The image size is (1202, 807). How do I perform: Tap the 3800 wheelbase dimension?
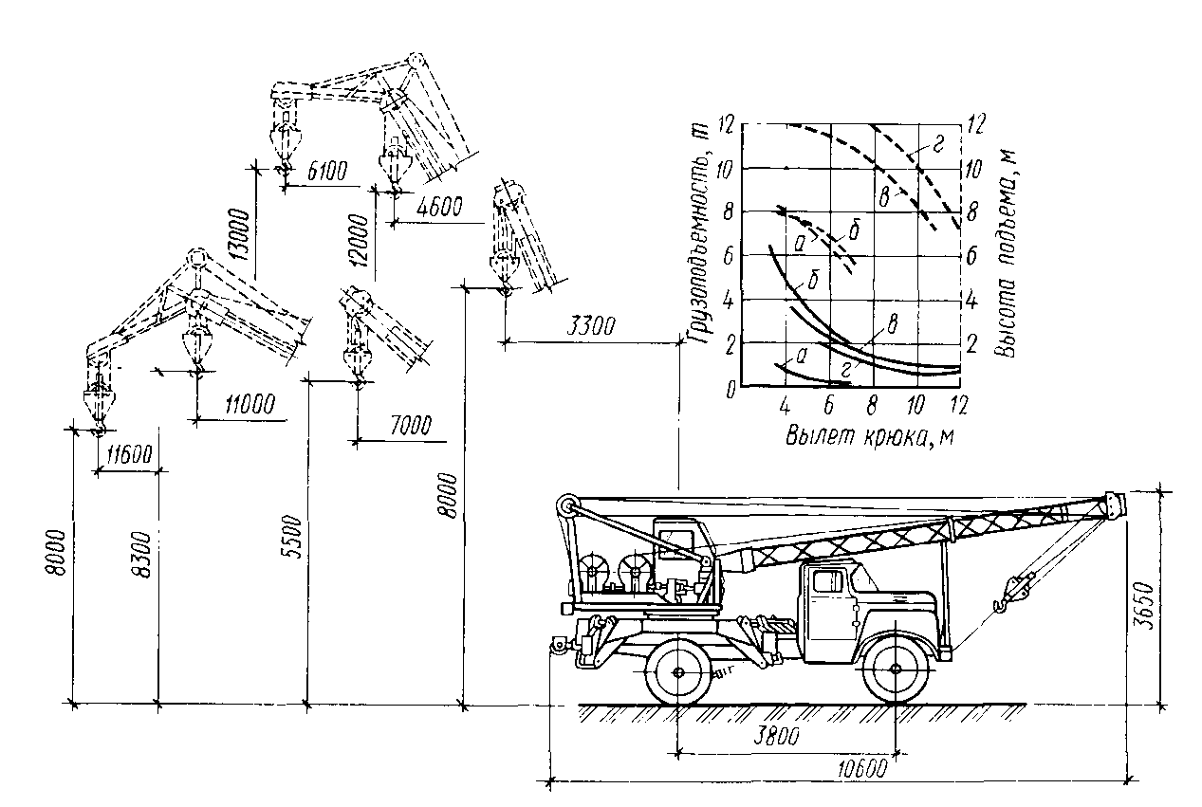click(x=776, y=736)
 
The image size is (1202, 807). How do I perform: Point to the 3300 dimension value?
click(x=591, y=326)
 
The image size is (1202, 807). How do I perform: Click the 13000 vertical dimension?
click(x=242, y=234)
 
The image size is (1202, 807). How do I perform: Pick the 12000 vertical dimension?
click(x=359, y=240)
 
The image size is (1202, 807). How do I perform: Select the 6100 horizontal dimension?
click(x=327, y=171)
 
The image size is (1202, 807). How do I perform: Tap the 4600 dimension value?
click(x=439, y=207)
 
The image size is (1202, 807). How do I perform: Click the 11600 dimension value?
click(x=129, y=455)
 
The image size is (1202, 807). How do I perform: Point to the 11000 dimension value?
click(x=250, y=404)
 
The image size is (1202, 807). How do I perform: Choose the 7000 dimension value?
click(x=411, y=427)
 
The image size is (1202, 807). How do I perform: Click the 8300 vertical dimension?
click(x=141, y=555)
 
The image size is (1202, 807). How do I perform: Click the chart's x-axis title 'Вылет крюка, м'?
click(x=870, y=436)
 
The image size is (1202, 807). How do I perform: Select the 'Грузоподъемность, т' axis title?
click(x=698, y=235)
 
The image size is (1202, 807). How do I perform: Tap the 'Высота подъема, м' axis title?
click(x=1007, y=253)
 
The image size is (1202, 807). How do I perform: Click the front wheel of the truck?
click(x=895, y=669)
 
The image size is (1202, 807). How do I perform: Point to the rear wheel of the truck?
click(x=677, y=671)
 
